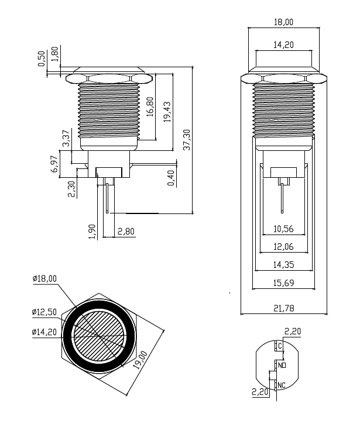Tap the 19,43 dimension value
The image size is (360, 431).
pyautogui.click(x=167, y=111)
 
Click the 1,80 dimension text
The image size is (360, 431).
pyautogui.click(x=55, y=53)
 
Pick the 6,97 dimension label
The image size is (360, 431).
pyautogui.click(x=54, y=164)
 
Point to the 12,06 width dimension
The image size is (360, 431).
pyautogui.click(x=283, y=247)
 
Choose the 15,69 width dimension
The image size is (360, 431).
pyautogui.click(x=283, y=283)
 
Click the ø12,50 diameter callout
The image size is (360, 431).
pyautogui.click(x=44, y=313)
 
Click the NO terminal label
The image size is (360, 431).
pyautogui.click(x=282, y=365)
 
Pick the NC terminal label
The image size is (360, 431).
pyautogui.click(x=282, y=385)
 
